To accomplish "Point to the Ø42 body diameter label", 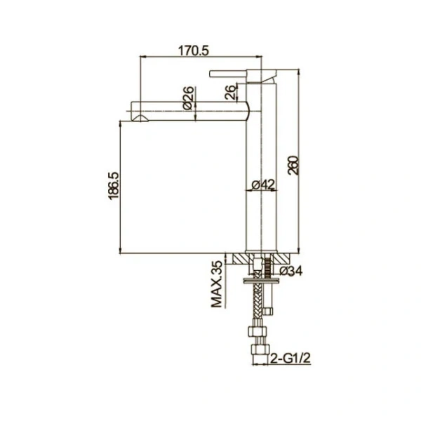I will (263, 185).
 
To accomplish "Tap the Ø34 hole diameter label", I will (290, 271).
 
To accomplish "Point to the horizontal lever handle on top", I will (235, 72).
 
